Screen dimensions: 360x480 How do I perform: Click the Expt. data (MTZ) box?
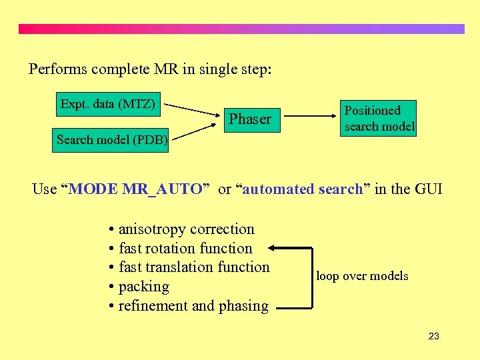point(107,104)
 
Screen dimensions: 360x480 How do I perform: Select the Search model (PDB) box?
point(111,140)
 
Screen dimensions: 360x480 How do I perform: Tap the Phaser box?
point(250,119)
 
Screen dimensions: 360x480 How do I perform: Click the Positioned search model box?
point(379,118)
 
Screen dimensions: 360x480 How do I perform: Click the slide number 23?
point(433,336)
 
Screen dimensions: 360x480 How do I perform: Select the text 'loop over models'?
point(362,275)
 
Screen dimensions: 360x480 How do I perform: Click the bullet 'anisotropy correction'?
point(181,229)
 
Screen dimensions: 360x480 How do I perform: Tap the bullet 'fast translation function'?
point(189,267)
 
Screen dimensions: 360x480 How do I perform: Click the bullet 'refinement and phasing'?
point(188,306)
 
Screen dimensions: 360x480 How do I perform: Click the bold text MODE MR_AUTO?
point(135,189)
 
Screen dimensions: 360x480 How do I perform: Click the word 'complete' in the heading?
point(122,69)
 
